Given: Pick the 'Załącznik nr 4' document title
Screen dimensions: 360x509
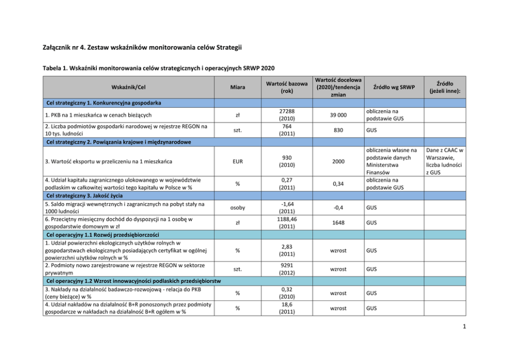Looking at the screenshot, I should pos(142,48).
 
